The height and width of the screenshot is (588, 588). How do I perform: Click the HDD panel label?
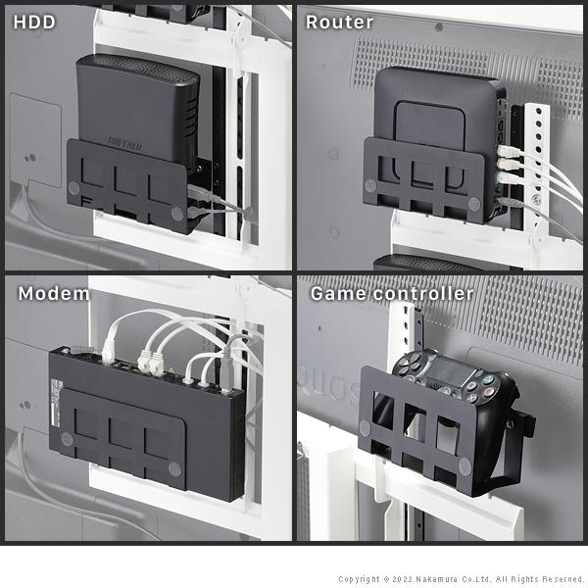[x=34, y=22]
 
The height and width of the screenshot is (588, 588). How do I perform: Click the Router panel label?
[x=339, y=22]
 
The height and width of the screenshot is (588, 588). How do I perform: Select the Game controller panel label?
[x=391, y=293]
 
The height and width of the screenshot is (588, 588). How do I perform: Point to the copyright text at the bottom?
[x=461, y=579]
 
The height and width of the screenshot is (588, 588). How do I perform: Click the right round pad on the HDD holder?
[x=176, y=212]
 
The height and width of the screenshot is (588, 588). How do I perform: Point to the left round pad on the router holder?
[x=370, y=185]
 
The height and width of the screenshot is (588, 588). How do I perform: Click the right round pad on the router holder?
[x=474, y=205]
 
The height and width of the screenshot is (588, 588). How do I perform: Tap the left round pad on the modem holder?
[x=66, y=438]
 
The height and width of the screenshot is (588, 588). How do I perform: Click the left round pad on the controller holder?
[x=365, y=427]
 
